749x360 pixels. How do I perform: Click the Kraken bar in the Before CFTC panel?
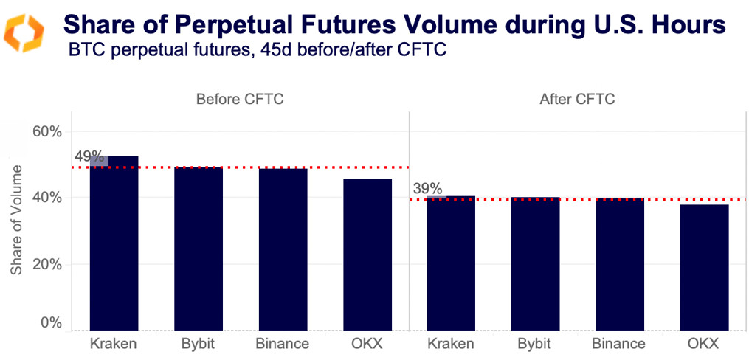coord(114,243)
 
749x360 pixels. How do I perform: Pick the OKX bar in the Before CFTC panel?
coord(367,255)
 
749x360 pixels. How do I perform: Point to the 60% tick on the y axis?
coord(45,131)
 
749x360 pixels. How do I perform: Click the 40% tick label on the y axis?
coord(45,198)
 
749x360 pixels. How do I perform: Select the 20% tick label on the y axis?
coord(45,264)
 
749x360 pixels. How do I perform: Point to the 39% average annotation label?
coord(427,189)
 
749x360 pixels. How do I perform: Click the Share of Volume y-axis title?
coord(16,220)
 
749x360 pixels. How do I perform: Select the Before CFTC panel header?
coord(240,100)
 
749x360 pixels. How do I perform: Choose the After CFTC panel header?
coord(578,100)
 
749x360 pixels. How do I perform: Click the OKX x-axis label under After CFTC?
coord(704,344)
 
